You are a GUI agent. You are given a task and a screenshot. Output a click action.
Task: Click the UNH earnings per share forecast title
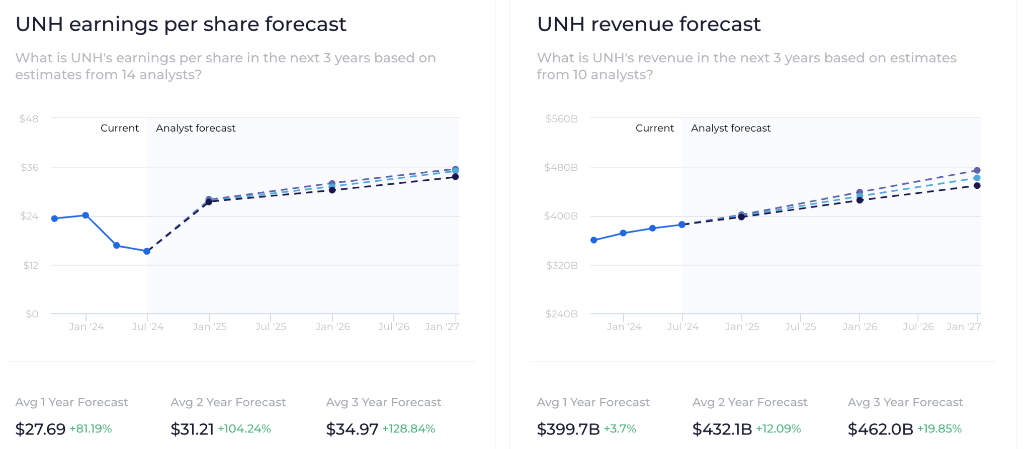[181, 24]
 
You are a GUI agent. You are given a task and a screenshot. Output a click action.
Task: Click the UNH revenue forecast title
[648, 24]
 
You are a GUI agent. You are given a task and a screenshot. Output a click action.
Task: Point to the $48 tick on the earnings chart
[29, 119]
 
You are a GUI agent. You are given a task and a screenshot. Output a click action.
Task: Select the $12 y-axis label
[31, 265]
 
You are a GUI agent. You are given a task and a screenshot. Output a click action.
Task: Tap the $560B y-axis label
[561, 119]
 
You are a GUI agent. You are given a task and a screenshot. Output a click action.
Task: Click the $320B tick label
[562, 265]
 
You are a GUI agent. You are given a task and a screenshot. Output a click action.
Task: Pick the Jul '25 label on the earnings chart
[271, 326]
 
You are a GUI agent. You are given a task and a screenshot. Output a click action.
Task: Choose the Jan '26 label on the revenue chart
[860, 326]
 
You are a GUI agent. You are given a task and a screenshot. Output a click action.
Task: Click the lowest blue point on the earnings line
[147, 251]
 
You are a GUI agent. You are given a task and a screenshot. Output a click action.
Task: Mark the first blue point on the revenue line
[594, 240]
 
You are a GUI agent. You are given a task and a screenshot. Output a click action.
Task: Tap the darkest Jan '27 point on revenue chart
[977, 186]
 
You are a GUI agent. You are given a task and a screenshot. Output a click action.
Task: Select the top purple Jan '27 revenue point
[977, 170]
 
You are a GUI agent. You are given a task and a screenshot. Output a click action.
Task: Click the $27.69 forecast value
[40, 429]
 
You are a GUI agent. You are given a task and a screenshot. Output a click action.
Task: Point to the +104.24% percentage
[244, 429]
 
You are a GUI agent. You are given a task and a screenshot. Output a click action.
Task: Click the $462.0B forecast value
[880, 429]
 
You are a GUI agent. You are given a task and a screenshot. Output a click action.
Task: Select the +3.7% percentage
[620, 429]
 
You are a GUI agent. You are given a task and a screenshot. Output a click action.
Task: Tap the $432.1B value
[722, 429]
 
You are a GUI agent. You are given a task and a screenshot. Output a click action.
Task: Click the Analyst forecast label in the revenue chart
[730, 128]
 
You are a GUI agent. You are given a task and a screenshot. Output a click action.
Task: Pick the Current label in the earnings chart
[120, 128]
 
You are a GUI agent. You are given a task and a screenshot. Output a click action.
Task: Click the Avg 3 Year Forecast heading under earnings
[383, 402]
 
